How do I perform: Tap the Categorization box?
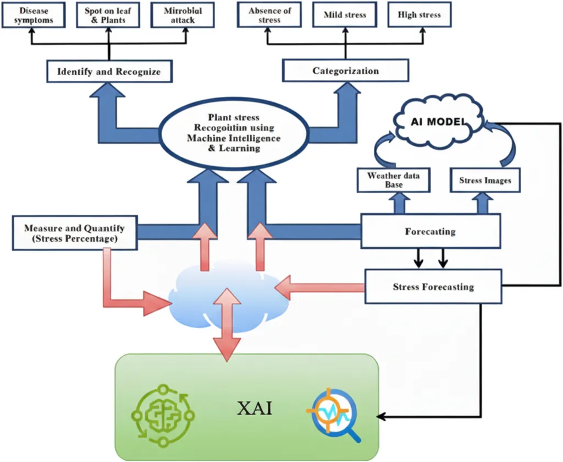[345, 71]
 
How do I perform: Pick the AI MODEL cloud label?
[438, 121]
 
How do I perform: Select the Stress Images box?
[484, 181]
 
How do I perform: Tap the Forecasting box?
[430, 231]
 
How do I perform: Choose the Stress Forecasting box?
[433, 287]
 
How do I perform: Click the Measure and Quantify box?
[74, 233]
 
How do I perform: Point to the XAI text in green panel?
[254, 409]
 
